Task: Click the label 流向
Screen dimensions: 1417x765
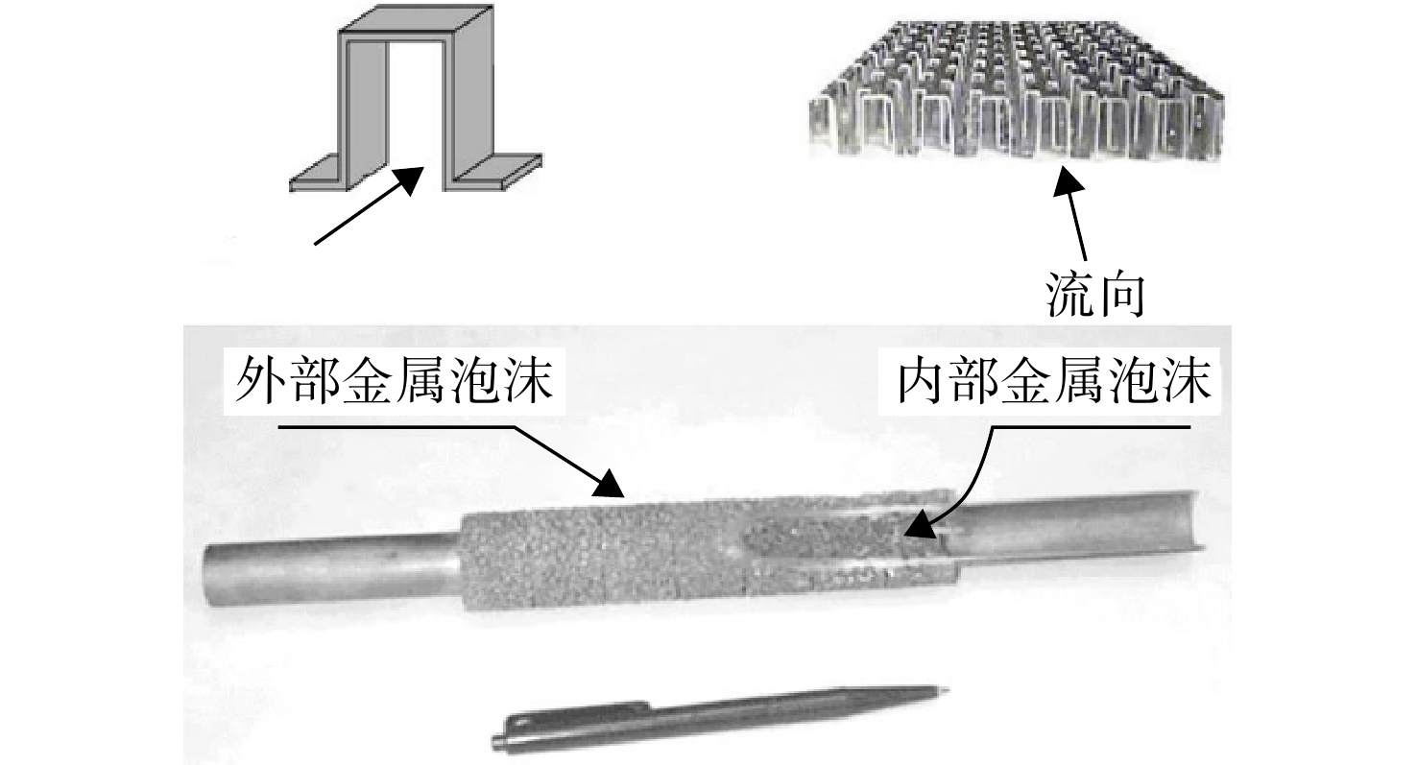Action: pyautogui.click(x=1094, y=295)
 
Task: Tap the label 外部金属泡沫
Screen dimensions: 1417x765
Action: pyautogui.click(x=395, y=381)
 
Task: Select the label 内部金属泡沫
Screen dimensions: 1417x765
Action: pyautogui.click(x=1054, y=381)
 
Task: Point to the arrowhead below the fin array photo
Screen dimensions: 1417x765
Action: pyautogui.click(x=1068, y=182)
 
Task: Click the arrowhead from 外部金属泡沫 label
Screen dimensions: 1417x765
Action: pyautogui.click(x=609, y=485)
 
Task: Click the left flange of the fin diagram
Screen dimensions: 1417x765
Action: pyautogui.click(x=320, y=179)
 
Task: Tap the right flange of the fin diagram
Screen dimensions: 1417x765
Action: pyautogui.click(x=498, y=171)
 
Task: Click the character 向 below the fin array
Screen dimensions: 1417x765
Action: pyautogui.click(x=1121, y=295)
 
